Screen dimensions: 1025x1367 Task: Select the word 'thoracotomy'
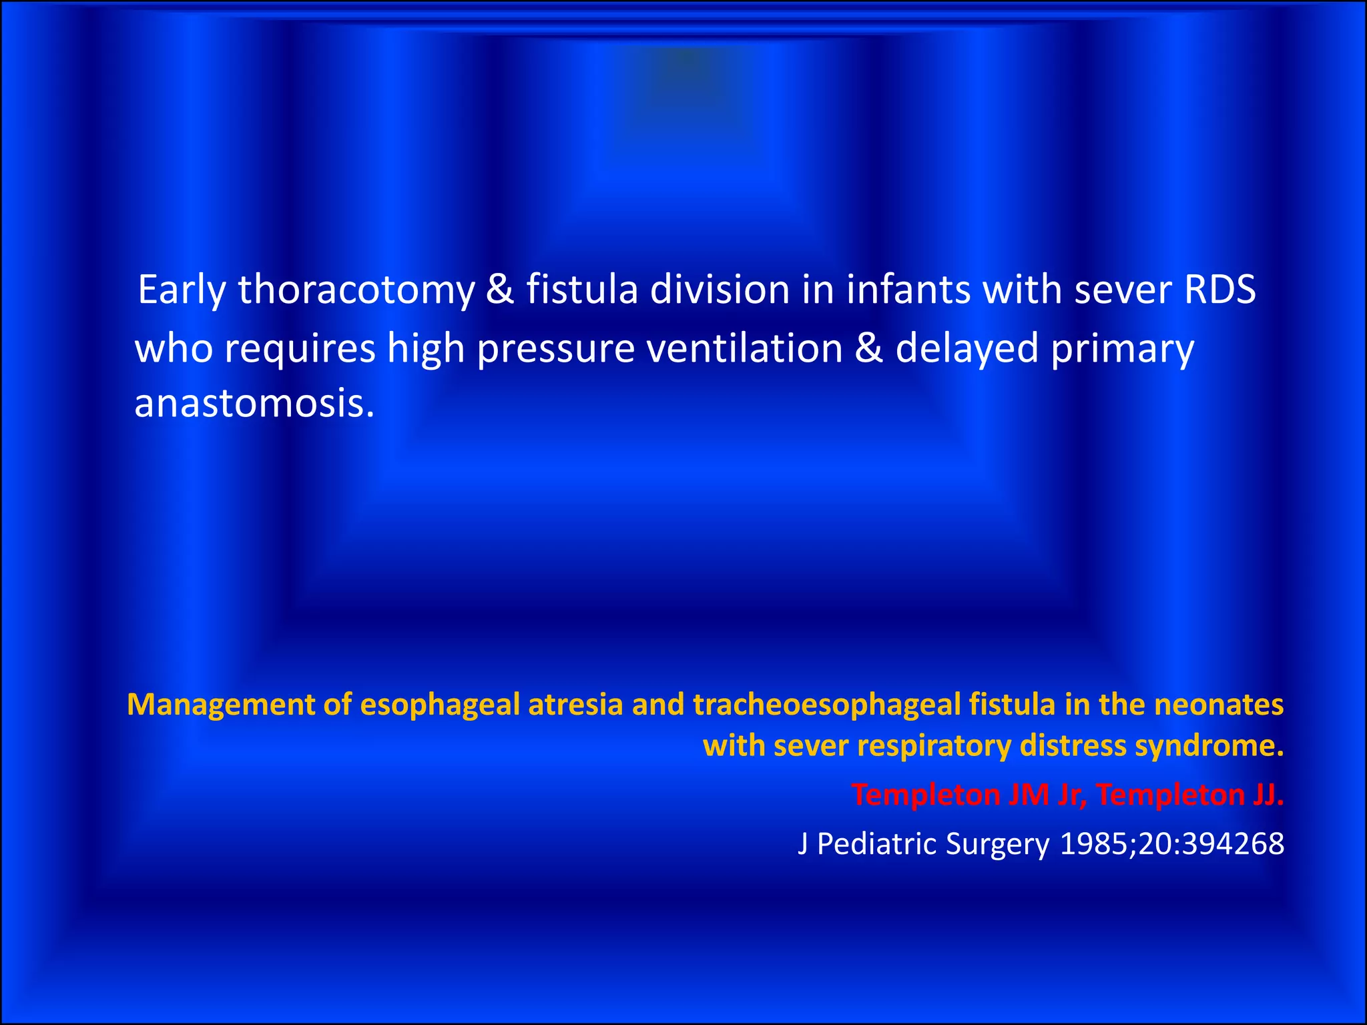coord(356,291)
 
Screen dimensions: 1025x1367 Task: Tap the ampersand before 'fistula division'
coord(500,290)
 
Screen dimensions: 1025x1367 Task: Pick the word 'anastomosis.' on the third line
coord(254,404)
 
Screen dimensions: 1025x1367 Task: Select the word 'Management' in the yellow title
coord(220,705)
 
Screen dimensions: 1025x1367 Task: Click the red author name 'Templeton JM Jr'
coord(969,795)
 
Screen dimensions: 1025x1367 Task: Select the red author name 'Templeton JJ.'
coord(1190,795)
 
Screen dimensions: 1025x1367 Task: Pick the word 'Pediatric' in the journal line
coord(877,844)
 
